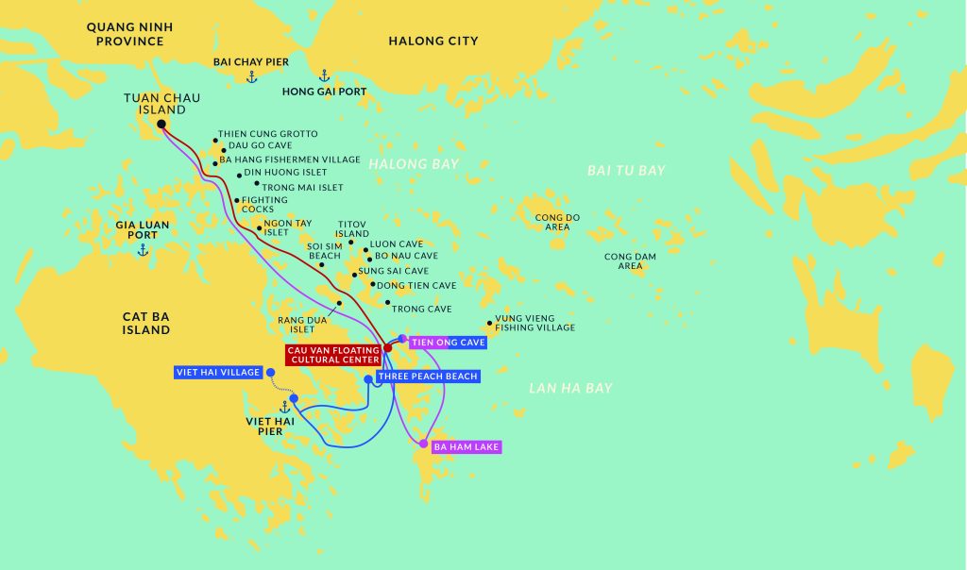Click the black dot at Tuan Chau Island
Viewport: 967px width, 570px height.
point(161,124)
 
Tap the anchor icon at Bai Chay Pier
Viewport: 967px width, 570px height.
point(251,76)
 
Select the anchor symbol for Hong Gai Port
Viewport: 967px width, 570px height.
point(323,75)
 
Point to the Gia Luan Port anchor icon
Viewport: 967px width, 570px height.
point(143,250)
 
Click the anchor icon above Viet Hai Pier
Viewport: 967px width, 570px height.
point(282,407)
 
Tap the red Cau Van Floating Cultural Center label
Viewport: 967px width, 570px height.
point(333,354)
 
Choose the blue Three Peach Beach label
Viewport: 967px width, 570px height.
point(427,377)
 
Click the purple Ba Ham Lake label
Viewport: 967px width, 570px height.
point(466,447)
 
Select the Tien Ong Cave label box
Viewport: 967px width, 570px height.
point(448,343)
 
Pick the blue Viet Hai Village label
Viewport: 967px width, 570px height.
point(218,373)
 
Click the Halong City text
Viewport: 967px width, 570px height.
point(433,41)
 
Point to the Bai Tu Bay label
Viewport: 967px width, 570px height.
point(626,171)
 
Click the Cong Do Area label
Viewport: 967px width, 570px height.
point(557,222)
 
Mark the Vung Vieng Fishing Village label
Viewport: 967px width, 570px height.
point(534,323)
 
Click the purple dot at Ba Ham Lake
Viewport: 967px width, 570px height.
point(423,444)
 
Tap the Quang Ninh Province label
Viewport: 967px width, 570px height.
point(125,34)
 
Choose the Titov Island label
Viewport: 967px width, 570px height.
point(352,228)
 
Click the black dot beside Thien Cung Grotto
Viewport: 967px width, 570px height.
point(214,140)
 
